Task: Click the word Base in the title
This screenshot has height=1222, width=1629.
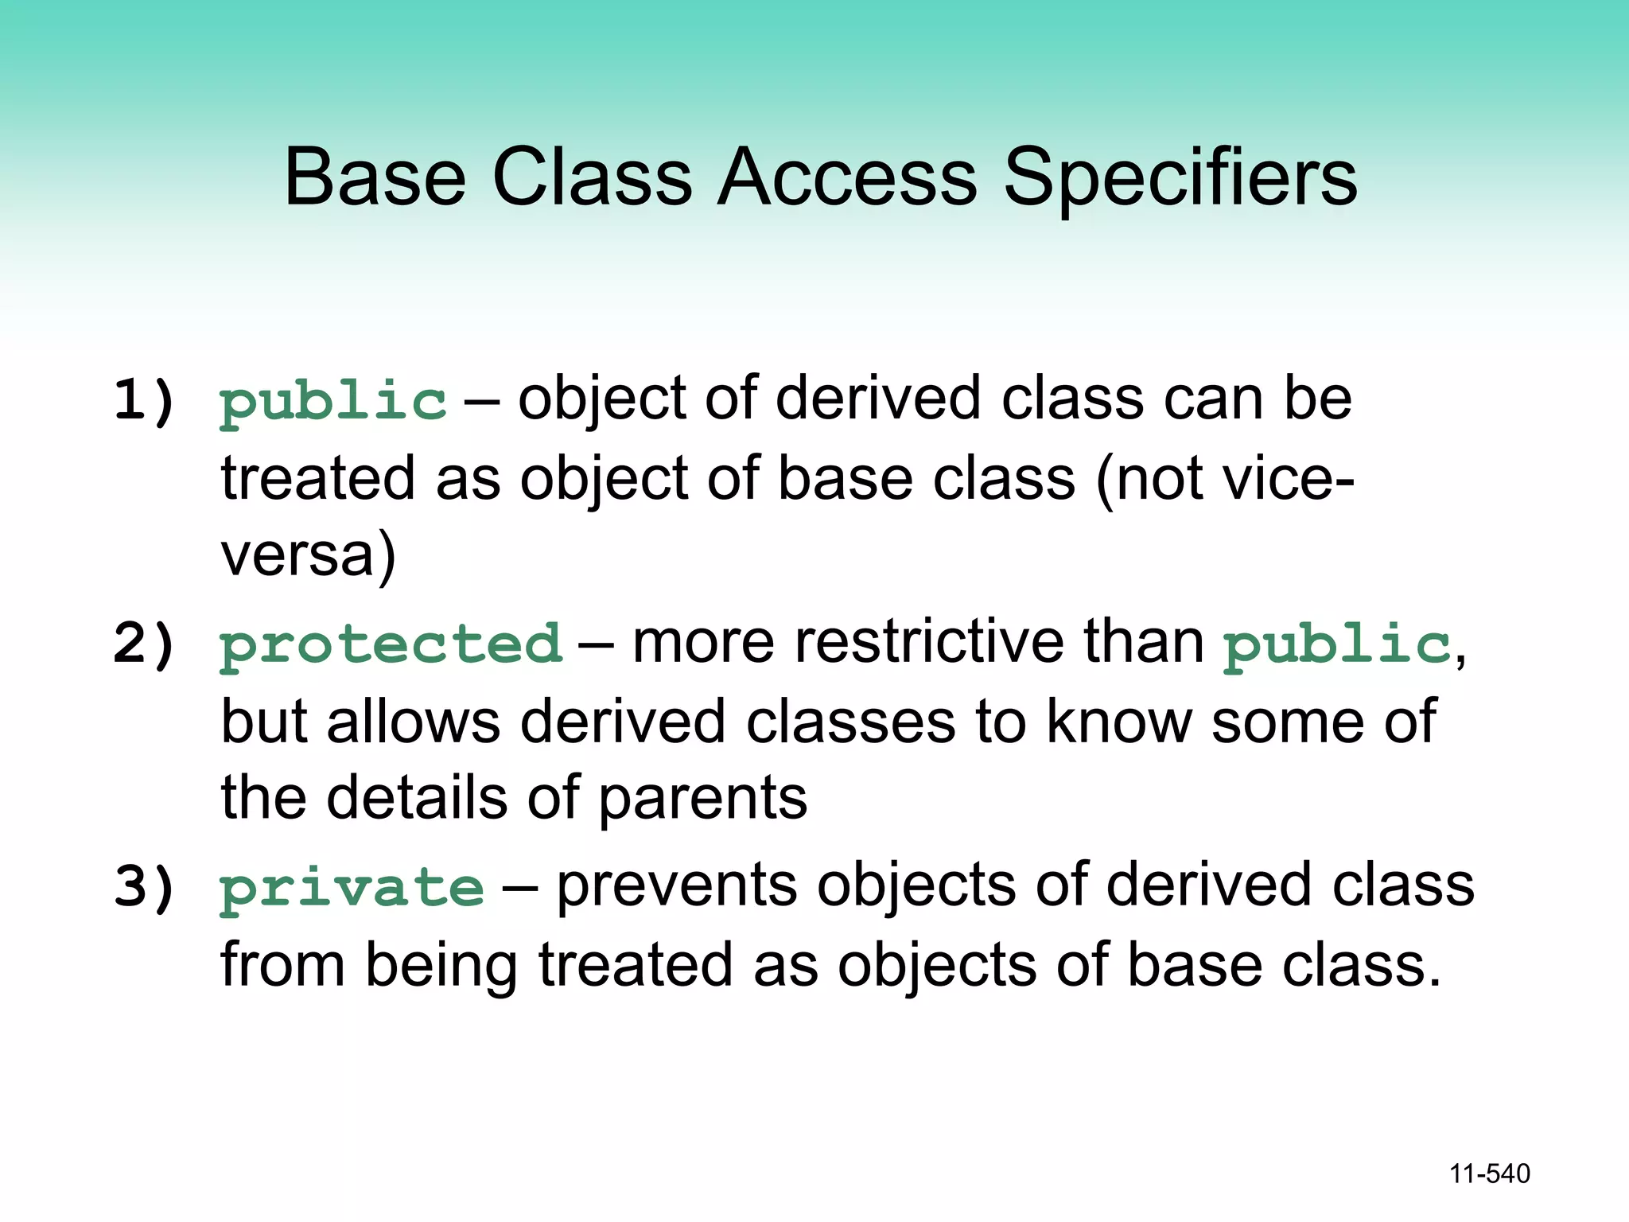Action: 375,177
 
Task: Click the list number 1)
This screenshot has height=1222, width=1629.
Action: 144,399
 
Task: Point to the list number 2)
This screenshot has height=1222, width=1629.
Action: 144,643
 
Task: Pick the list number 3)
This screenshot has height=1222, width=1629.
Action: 144,886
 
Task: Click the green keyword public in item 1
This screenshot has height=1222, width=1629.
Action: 333,402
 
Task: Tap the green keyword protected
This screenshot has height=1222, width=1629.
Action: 391,644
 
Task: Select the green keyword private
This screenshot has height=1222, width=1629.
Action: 352,888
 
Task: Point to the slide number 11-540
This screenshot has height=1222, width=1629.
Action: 1489,1173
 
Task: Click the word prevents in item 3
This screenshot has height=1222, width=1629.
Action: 677,885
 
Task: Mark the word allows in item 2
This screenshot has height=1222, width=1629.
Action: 414,721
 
